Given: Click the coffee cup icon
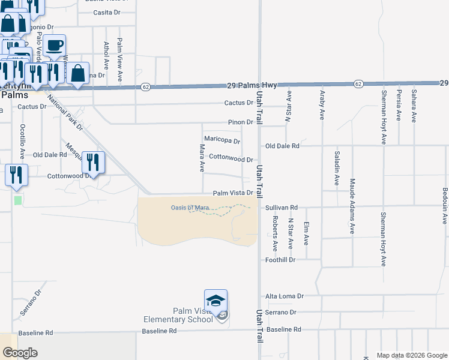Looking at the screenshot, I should pos(54,46).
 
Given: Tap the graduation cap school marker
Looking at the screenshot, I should pos(215,300).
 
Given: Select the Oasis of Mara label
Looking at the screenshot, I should pos(190,208).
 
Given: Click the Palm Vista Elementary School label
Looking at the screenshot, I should pos(178,315).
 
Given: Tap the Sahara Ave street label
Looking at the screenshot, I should pos(414,106).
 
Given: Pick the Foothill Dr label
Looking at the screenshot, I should pos(281,260).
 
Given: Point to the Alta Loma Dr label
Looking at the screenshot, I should pos(285,296).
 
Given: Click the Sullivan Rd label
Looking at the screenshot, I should pos(282,208).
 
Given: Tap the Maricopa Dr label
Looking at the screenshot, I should pos(222,140).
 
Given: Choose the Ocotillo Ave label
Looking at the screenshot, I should pos(22,141).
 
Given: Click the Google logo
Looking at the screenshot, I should pos(20,353).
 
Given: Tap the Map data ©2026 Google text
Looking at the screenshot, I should pos(411,355).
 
